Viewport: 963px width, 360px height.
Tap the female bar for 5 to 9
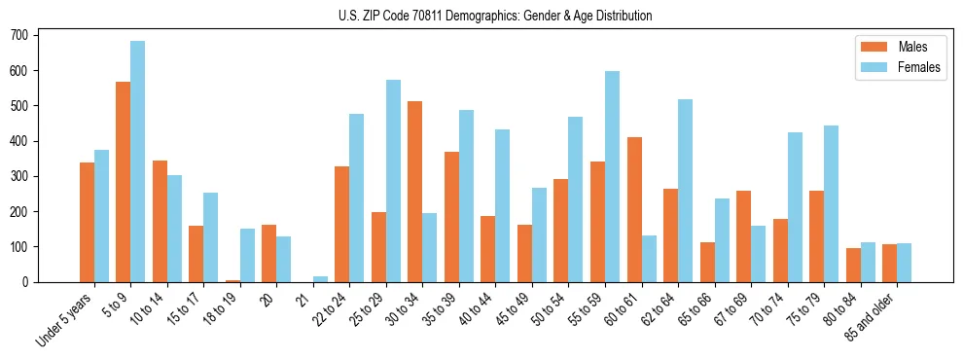(x=138, y=162)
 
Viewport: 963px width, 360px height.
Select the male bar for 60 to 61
(x=634, y=209)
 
